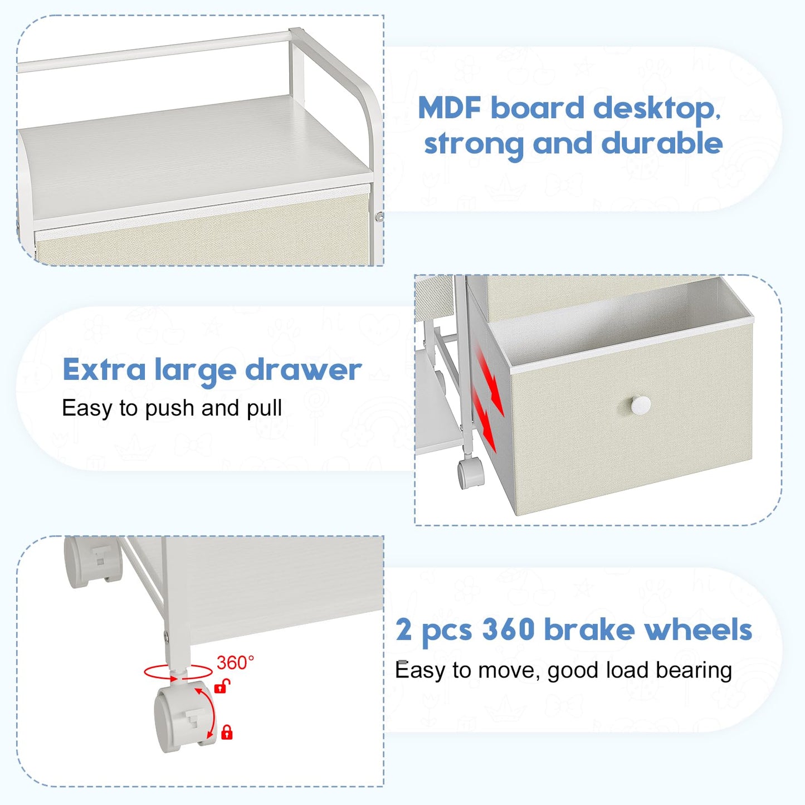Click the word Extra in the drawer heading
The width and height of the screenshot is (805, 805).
104,370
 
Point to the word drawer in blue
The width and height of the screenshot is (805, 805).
303,369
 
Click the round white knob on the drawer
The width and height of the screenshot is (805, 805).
639,405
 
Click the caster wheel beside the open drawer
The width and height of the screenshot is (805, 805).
470,474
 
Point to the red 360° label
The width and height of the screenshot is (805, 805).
235,662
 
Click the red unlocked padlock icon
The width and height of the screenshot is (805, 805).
222,686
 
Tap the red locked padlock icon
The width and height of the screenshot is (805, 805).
227,733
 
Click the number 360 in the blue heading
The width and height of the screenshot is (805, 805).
508,630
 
